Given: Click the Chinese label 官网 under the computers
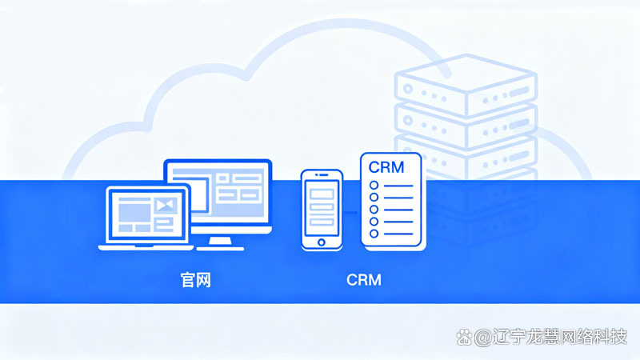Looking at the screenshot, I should coord(195,280).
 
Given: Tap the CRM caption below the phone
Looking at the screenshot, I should coord(364,280).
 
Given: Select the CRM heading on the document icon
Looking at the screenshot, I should coord(386,167).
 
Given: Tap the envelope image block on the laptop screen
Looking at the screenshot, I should coord(166,206).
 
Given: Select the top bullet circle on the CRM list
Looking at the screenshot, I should coord(373,186).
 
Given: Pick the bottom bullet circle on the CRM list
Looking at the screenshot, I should coord(373,233).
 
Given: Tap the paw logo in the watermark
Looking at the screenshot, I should coord(463,338).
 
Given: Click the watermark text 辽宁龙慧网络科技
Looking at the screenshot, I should coord(561,338).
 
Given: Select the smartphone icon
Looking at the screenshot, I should coord(322,210).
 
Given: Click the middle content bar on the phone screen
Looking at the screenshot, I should coord(322,207).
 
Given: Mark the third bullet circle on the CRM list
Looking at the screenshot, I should coord(373,210).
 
